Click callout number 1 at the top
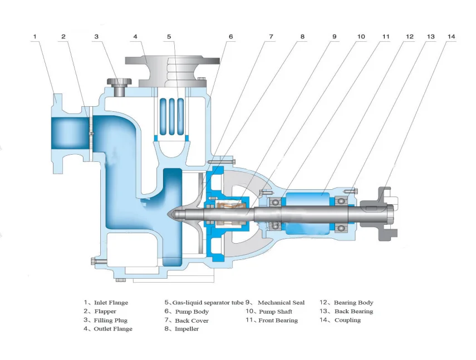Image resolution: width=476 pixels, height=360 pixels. (x=35, y=37)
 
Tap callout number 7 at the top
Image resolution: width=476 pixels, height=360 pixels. (x=271, y=37)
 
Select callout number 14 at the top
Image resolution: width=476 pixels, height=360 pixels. (x=451, y=37)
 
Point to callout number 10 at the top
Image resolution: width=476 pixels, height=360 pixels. (x=361, y=37)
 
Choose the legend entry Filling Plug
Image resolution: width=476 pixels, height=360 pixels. (x=111, y=320)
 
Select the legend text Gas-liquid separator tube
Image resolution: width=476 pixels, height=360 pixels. (x=208, y=303)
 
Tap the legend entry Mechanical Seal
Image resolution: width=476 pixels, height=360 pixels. (x=281, y=303)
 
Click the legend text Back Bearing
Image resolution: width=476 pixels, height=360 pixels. (x=354, y=312)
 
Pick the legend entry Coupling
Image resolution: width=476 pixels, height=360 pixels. (x=347, y=320)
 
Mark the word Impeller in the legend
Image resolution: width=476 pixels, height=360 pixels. (x=187, y=329)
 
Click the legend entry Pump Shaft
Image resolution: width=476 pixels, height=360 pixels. (x=276, y=312)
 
